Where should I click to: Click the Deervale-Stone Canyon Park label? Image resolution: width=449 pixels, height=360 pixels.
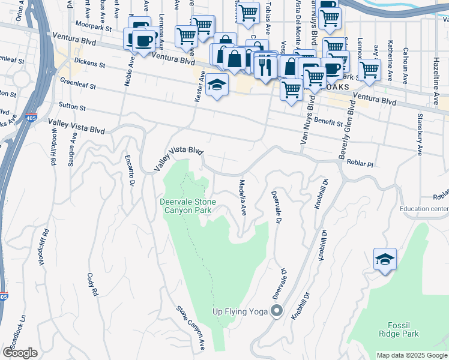point(188,206)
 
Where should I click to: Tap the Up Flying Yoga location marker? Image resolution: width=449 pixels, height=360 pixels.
point(277,311)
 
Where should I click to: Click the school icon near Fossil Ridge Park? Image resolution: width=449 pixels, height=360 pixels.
point(385,260)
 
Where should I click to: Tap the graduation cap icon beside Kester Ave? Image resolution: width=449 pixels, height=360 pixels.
point(217,85)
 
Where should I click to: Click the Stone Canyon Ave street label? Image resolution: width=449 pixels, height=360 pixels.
point(191,328)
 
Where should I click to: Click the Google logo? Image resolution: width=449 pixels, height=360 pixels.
point(20,353)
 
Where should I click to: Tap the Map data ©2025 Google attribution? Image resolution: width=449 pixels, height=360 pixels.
point(411,355)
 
